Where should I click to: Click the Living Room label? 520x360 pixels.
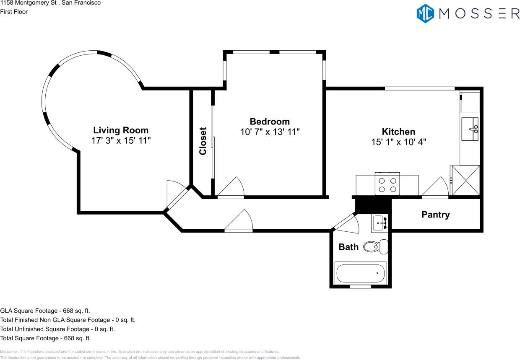click(x=121, y=130)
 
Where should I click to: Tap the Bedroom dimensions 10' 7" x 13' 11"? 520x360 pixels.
click(x=270, y=132)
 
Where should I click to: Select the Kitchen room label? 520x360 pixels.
click(x=398, y=132)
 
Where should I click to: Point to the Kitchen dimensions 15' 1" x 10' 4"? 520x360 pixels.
click(x=398, y=142)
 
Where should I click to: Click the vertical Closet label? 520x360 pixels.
click(x=203, y=141)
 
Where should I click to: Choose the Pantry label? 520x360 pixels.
click(x=435, y=215)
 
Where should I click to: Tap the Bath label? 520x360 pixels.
click(x=348, y=247)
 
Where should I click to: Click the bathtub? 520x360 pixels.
click(x=361, y=273)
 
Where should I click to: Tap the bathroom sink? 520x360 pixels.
click(x=380, y=223)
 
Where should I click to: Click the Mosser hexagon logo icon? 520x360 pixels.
click(x=425, y=13)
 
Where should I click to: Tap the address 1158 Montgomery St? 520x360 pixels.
click(x=50, y=3)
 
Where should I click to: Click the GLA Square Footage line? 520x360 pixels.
click(x=45, y=311)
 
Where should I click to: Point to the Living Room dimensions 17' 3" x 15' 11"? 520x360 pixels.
click(x=121, y=141)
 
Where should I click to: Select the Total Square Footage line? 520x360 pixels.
click(x=45, y=338)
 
